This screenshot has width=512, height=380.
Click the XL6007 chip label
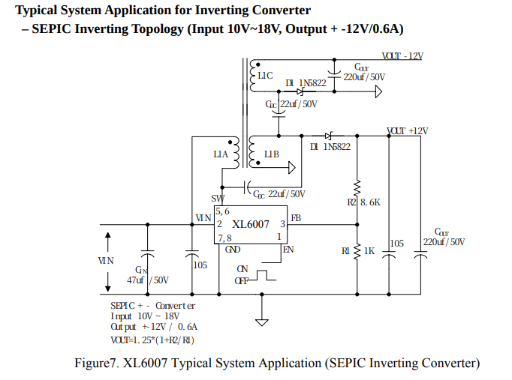251,224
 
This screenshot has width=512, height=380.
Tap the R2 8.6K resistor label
364,202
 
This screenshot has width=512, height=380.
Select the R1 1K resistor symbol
357,250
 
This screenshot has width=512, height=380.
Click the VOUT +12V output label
407,131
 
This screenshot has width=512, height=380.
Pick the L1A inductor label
220,155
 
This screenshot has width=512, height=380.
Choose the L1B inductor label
271,155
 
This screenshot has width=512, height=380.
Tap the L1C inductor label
265,76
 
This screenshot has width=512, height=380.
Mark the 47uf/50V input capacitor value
148,280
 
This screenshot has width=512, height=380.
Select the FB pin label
296,218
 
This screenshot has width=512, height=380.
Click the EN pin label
288,249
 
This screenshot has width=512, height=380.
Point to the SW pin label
218,199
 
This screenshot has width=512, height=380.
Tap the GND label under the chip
233,249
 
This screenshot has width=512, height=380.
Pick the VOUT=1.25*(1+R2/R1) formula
153,340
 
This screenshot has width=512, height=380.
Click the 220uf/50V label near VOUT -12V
364,76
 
